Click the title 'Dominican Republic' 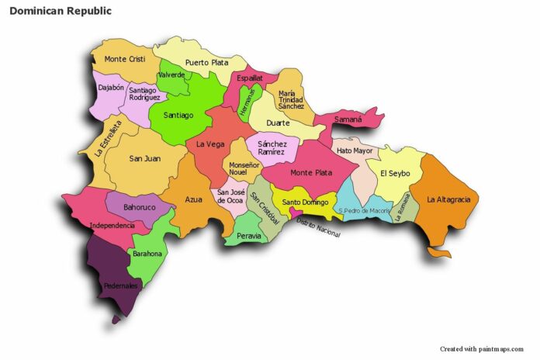(x=61, y=12)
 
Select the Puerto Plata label (x=206, y=63)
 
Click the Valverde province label (x=171, y=74)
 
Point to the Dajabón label (x=110, y=88)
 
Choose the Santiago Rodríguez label (x=144, y=94)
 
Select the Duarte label (x=278, y=123)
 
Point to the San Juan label (x=144, y=158)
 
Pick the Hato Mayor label (x=354, y=151)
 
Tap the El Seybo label (x=395, y=172)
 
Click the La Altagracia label (x=448, y=199)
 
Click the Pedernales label (x=121, y=286)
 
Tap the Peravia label (x=249, y=235)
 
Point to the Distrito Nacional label (x=318, y=229)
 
